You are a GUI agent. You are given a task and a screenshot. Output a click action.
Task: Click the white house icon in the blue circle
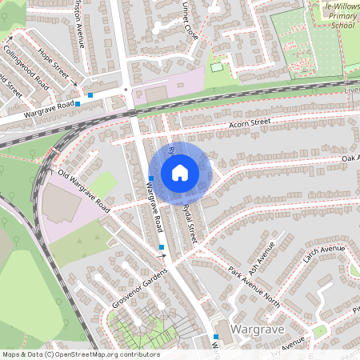click(180, 172)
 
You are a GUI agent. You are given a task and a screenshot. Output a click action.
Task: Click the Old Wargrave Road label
click(82, 189)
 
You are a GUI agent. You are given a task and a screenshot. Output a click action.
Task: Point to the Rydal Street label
click(189, 222)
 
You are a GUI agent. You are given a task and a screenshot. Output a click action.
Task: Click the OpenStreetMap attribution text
click(80, 354)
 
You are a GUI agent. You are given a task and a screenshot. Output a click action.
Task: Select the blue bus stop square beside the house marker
click(150, 178)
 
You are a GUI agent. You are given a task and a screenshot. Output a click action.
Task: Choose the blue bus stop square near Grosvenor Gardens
click(162, 247)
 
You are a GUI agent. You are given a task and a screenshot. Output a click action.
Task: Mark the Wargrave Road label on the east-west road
click(49, 110)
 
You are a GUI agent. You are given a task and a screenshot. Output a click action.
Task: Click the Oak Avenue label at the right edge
click(350, 158)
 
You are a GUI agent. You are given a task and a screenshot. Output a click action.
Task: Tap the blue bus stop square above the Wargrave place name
click(216, 336)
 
